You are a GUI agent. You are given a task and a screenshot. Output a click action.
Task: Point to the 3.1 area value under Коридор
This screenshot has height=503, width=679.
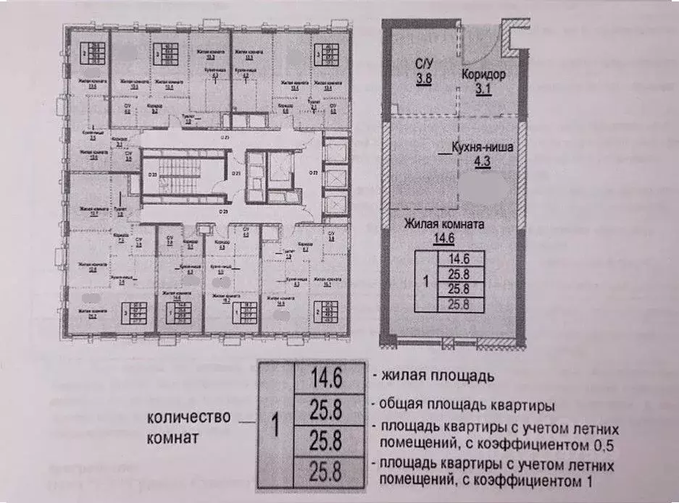pyautogui.click(x=483, y=89)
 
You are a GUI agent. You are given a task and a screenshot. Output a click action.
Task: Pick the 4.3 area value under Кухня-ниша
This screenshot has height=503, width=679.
pyautogui.click(x=482, y=162)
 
